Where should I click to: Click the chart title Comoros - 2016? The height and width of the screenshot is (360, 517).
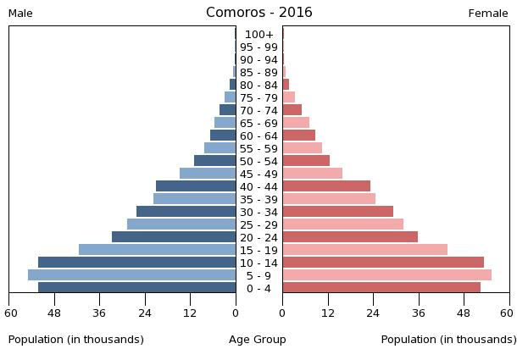coord(258,13)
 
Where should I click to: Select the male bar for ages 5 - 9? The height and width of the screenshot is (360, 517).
coord(131,274)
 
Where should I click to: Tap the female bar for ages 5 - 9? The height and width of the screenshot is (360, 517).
coord(386,274)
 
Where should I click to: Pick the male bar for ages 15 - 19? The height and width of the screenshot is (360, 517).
coord(157,249)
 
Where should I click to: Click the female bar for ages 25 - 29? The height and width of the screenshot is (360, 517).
coord(342,224)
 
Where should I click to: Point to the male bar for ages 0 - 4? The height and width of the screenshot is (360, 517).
coord(136,287)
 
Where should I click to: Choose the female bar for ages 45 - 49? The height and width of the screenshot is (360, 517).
coord(312,173)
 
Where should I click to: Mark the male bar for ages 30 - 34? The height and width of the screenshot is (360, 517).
coord(186,211)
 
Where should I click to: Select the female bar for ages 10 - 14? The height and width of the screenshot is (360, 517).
coord(383,262)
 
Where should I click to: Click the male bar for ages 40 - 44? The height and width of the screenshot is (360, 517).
coord(196,186)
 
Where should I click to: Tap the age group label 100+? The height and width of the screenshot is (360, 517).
coord(258,35)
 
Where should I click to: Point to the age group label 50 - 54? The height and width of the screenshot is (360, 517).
coord(258,161)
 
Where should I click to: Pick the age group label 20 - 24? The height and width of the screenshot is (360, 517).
coord(258,237)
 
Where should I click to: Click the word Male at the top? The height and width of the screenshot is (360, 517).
coord(20,14)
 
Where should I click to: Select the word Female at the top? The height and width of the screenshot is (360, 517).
coord(488,14)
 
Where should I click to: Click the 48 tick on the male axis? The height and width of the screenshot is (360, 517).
coord(55,313)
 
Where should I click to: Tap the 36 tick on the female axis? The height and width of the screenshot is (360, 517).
coord(419,313)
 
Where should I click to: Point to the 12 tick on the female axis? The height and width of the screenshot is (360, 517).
coord(327,313)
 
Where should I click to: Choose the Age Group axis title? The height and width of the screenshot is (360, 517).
coord(258,340)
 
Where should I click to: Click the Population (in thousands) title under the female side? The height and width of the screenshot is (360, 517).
coord(448,340)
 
